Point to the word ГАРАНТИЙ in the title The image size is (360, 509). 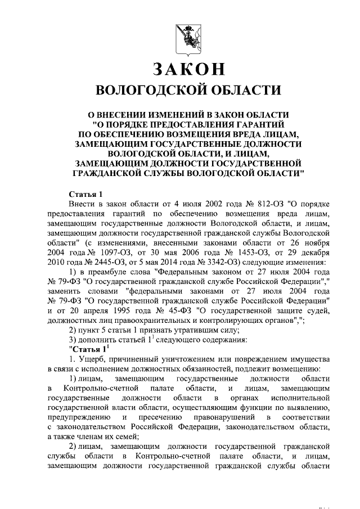click(255, 123)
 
